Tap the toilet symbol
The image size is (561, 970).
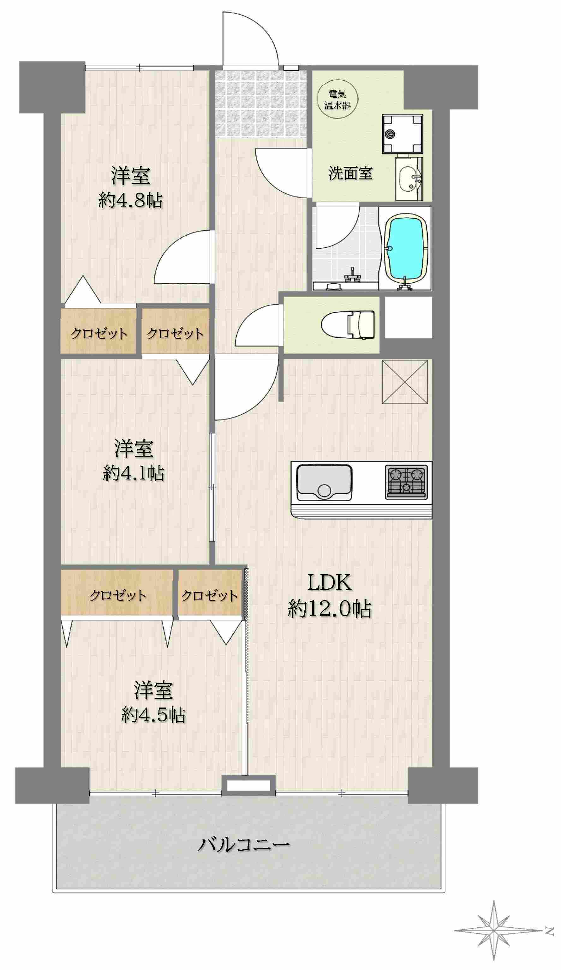[348, 324]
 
